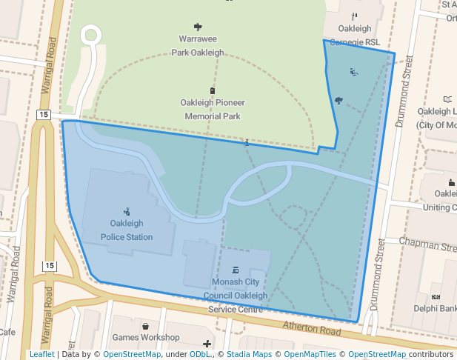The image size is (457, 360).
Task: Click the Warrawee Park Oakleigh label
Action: coord(198,45)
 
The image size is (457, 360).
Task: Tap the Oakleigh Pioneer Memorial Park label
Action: coord(212,109)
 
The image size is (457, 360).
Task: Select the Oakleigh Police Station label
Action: coord(127,230)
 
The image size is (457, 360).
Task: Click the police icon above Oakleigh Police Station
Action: coord(127,210)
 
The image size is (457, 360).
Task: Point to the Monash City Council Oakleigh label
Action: coord(236,289)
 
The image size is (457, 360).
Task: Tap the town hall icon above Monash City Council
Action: coord(236,270)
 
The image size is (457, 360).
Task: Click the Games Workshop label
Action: coord(146,338)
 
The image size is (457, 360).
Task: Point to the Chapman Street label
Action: coord(427,242)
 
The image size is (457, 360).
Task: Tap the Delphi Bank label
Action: coord(435,308)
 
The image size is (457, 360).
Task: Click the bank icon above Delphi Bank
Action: coord(436,296)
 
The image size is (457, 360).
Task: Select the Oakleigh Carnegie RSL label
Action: coord(354,36)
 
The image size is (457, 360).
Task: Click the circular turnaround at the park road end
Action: coord(91,34)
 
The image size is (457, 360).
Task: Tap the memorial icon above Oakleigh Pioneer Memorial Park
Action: coord(213,90)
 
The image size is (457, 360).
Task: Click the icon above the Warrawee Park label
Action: coord(198,26)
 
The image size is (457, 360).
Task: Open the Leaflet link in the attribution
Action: coord(41,355)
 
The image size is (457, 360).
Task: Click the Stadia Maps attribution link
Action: coord(249,355)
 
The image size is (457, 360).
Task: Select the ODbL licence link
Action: coord(199,355)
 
